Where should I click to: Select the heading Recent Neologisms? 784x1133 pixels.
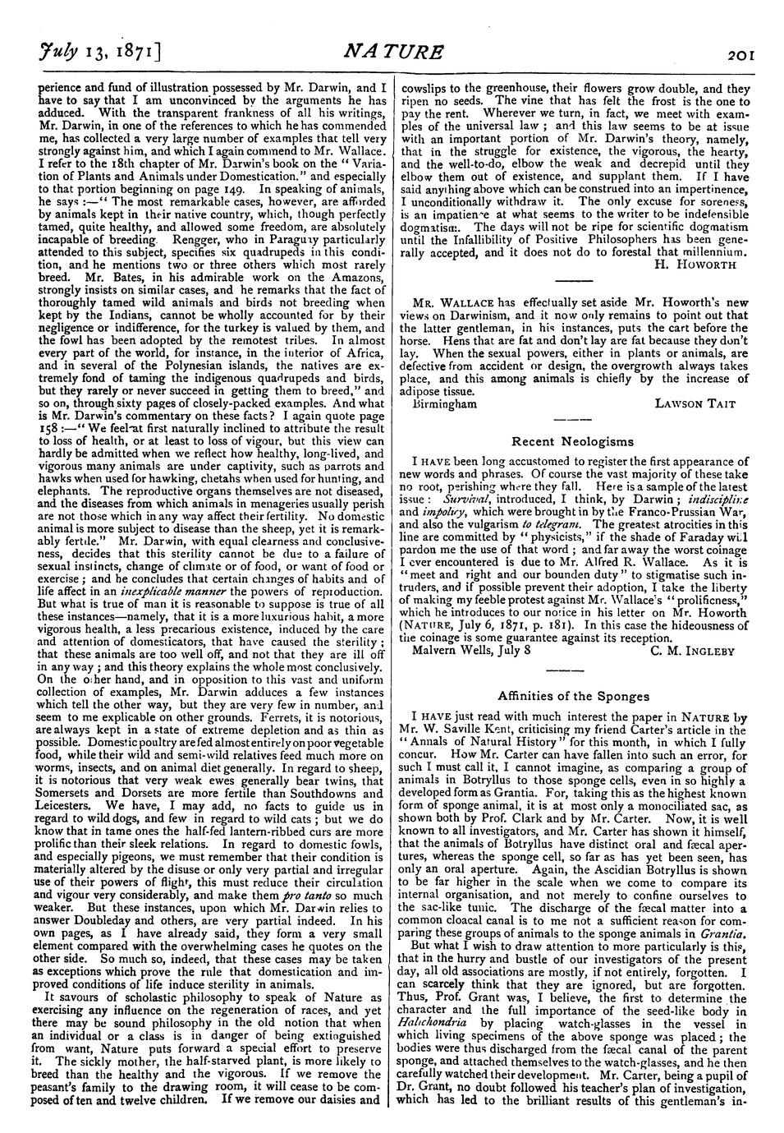(572, 441)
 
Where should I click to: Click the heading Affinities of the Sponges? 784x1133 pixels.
(572, 696)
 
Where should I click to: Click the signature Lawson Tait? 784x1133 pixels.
(696, 403)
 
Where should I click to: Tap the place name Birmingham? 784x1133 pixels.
(445, 403)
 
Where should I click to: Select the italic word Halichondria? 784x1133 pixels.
(431, 1024)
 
